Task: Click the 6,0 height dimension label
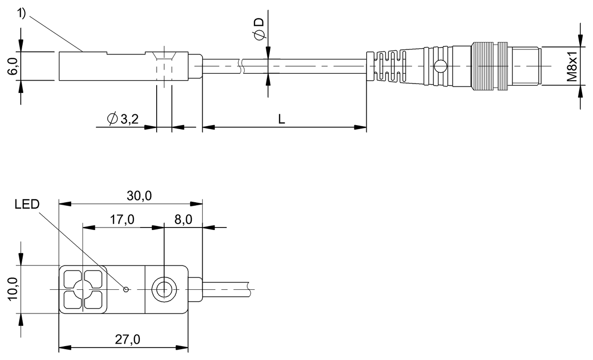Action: (12, 66)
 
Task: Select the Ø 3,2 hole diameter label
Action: (123, 119)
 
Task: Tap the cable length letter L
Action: (281, 119)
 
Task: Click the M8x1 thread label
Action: (572, 66)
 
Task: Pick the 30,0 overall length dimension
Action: (139, 196)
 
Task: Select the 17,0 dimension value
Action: (122, 220)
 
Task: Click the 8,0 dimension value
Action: (183, 220)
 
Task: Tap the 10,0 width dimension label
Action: (12, 289)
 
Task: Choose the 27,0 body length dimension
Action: (127, 339)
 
